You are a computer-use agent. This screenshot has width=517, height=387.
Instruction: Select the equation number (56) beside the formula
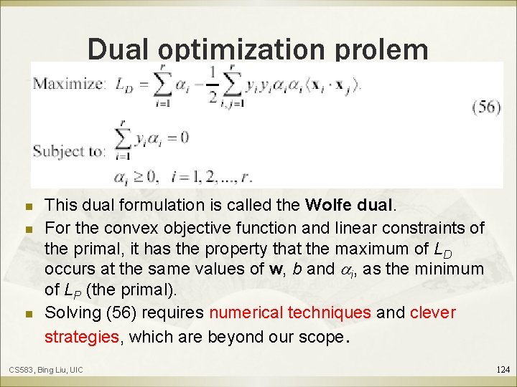pyautogui.click(x=486, y=107)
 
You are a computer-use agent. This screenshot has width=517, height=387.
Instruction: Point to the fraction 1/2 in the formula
pyautogui.click(x=213, y=85)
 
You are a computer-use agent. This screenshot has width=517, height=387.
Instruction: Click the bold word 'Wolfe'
pyautogui.click(x=328, y=205)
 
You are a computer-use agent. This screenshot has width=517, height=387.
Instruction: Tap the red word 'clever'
pyautogui.click(x=433, y=314)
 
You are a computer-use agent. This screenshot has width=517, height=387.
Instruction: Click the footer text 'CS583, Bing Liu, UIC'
pyautogui.click(x=45, y=370)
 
